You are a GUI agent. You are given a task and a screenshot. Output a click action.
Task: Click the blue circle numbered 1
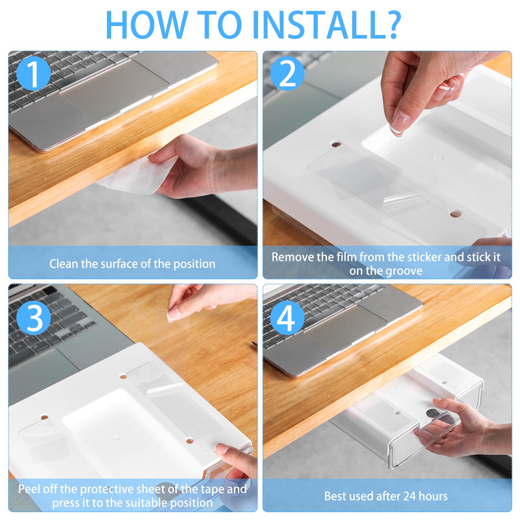tap(33, 73)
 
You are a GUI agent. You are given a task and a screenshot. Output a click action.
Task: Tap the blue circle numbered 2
tap(287, 73)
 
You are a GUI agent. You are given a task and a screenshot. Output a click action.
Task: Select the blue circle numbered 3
tap(33, 318)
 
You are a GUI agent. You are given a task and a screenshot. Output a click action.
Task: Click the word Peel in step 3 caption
tap(29, 489)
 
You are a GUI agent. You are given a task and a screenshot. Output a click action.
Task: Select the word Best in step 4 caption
tap(335, 496)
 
